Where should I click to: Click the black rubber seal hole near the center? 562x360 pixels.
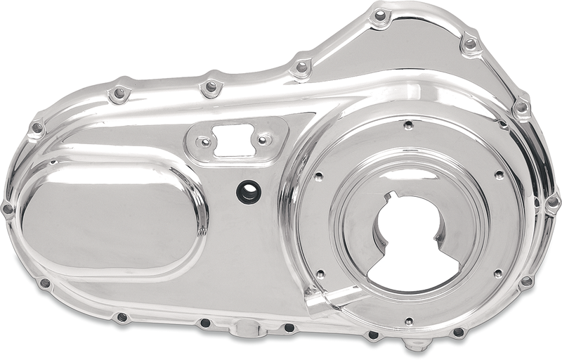click(x=247, y=191)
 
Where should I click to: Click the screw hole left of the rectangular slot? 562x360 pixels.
click(x=205, y=141)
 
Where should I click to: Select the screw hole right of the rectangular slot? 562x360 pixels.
click(x=263, y=140)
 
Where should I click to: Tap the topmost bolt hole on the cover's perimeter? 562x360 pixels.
click(x=380, y=15)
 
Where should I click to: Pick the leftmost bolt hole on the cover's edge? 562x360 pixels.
click(x=8, y=209)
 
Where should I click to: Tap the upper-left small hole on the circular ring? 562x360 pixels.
click(x=318, y=177)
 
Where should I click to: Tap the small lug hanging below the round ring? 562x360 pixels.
click(x=417, y=345)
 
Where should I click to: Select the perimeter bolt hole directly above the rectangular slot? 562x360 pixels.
click(x=210, y=86)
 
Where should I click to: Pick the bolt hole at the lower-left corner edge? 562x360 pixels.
click(x=44, y=283)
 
